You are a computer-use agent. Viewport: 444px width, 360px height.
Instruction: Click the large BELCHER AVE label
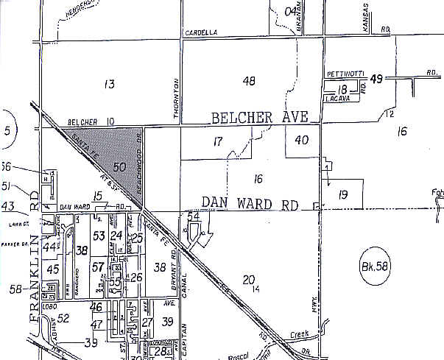pyautogui.click(x=264, y=118)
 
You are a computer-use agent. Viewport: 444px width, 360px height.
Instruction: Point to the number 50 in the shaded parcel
pyautogui.click(x=121, y=167)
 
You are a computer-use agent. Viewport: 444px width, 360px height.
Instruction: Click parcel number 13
pyautogui.click(x=109, y=84)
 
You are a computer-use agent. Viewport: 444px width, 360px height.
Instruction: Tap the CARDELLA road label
pyautogui.click(x=202, y=33)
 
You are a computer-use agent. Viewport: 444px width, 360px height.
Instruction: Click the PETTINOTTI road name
pyautogui.click(x=345, y=75)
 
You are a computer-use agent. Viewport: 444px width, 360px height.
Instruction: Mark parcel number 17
pyautogui.click(x=217, y=141)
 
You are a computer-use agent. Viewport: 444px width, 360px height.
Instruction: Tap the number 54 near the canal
pyautogui.click(x=194, y=216)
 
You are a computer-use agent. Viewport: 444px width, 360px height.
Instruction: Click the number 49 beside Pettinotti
pyautogui.click(x=378, y=78)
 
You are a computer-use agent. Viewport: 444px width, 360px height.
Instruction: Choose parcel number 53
pyautogui.click(x=99, y=235)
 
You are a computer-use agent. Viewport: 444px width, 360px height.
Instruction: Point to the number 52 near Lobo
pyautogui.click(x=63, y=318)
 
